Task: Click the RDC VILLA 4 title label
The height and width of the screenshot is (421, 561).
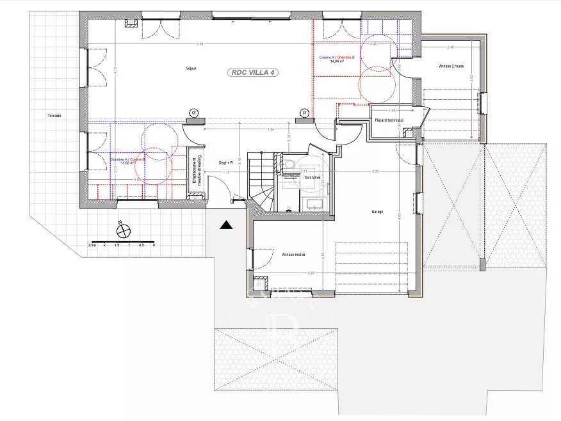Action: pyautogui.click(x=253, y=73)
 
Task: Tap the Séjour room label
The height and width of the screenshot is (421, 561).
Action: pyautogui.click(x=191, y=67)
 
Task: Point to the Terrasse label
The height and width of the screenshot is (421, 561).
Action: pyautogui.click(x=54, y=116)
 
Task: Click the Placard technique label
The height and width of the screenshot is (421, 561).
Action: pyautogui.click(x=389, y=120)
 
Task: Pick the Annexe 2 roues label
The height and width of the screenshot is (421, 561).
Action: pyautogui.click(x=451, y=66)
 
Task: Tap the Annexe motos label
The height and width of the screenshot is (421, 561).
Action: pyautogui.click(x=293, y=254)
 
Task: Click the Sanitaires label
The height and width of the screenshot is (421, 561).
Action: pyautogui.click(x=313, y=177)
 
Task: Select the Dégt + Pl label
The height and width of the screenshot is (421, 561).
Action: pyautogui.click(x=225, y=163)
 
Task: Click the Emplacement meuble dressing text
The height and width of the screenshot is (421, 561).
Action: pyautogui.click(x=196, y=171)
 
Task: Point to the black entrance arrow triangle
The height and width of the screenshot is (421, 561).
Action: pyautogui.click(x=225, y=225)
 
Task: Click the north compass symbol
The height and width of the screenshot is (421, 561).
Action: pyautogui.click(x=122, y=230)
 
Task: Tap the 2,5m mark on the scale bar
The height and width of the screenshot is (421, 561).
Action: pyautogui.click(x=92, y=245)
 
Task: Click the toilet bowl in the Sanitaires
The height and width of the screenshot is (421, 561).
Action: pyautogui.click(x=289, y=165)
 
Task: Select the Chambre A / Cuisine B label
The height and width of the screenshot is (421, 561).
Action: pyautogui.click(x=128, y=159)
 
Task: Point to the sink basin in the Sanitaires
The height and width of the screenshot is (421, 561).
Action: pyautogui.click(x=314, y=203)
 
